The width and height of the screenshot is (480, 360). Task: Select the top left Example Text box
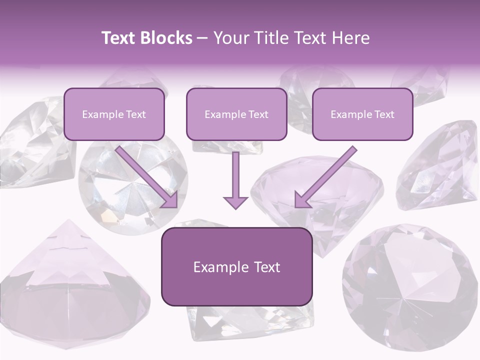pos(114,114)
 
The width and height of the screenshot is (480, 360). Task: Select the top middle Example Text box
pos(236,114)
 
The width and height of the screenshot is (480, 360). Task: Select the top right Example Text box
pos(362,114)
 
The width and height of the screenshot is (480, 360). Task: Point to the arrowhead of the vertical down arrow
pos(235,202)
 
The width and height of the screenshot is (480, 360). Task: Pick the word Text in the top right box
pos(384,114)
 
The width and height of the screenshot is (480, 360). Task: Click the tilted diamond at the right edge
pos(437,165)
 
